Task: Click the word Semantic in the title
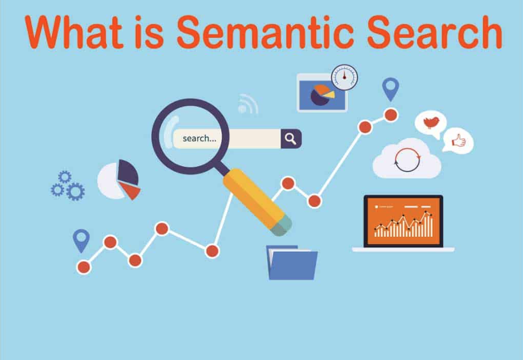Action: (x=265, y=32)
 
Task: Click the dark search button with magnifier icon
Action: (x=291, y=139)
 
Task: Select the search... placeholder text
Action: (x=200, y=138)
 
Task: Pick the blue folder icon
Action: (x=292, y=263)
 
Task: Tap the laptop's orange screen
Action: (x=403, y=221)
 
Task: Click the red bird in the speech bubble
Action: (x=431, y=122)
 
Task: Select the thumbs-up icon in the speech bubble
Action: (x=459, y=140)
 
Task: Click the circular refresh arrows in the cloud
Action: (x=407, y=160)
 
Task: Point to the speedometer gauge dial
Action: (x=345, y=77)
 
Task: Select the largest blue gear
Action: (x=75, y=191)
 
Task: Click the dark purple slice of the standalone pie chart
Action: (x=127, y=171)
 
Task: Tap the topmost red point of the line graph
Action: (x=391, y=115)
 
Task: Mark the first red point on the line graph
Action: (x=84, y=267)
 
